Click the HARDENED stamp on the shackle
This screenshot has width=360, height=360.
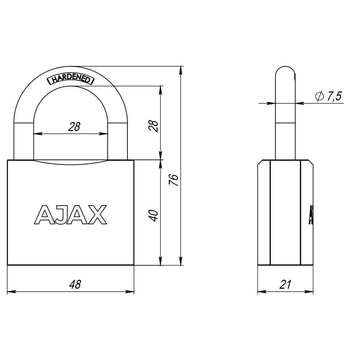click(71, 80)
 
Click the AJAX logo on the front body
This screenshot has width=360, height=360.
click(71, 215)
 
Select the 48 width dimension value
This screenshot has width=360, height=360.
click(75, 284)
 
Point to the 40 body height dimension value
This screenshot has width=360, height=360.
click(153, 216)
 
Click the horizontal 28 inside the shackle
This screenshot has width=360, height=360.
click(74, 127)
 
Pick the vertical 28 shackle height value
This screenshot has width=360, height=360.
click(153, 126)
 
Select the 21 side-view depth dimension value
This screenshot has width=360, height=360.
click(285, 284)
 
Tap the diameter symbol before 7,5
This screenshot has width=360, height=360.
click(320, 96)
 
